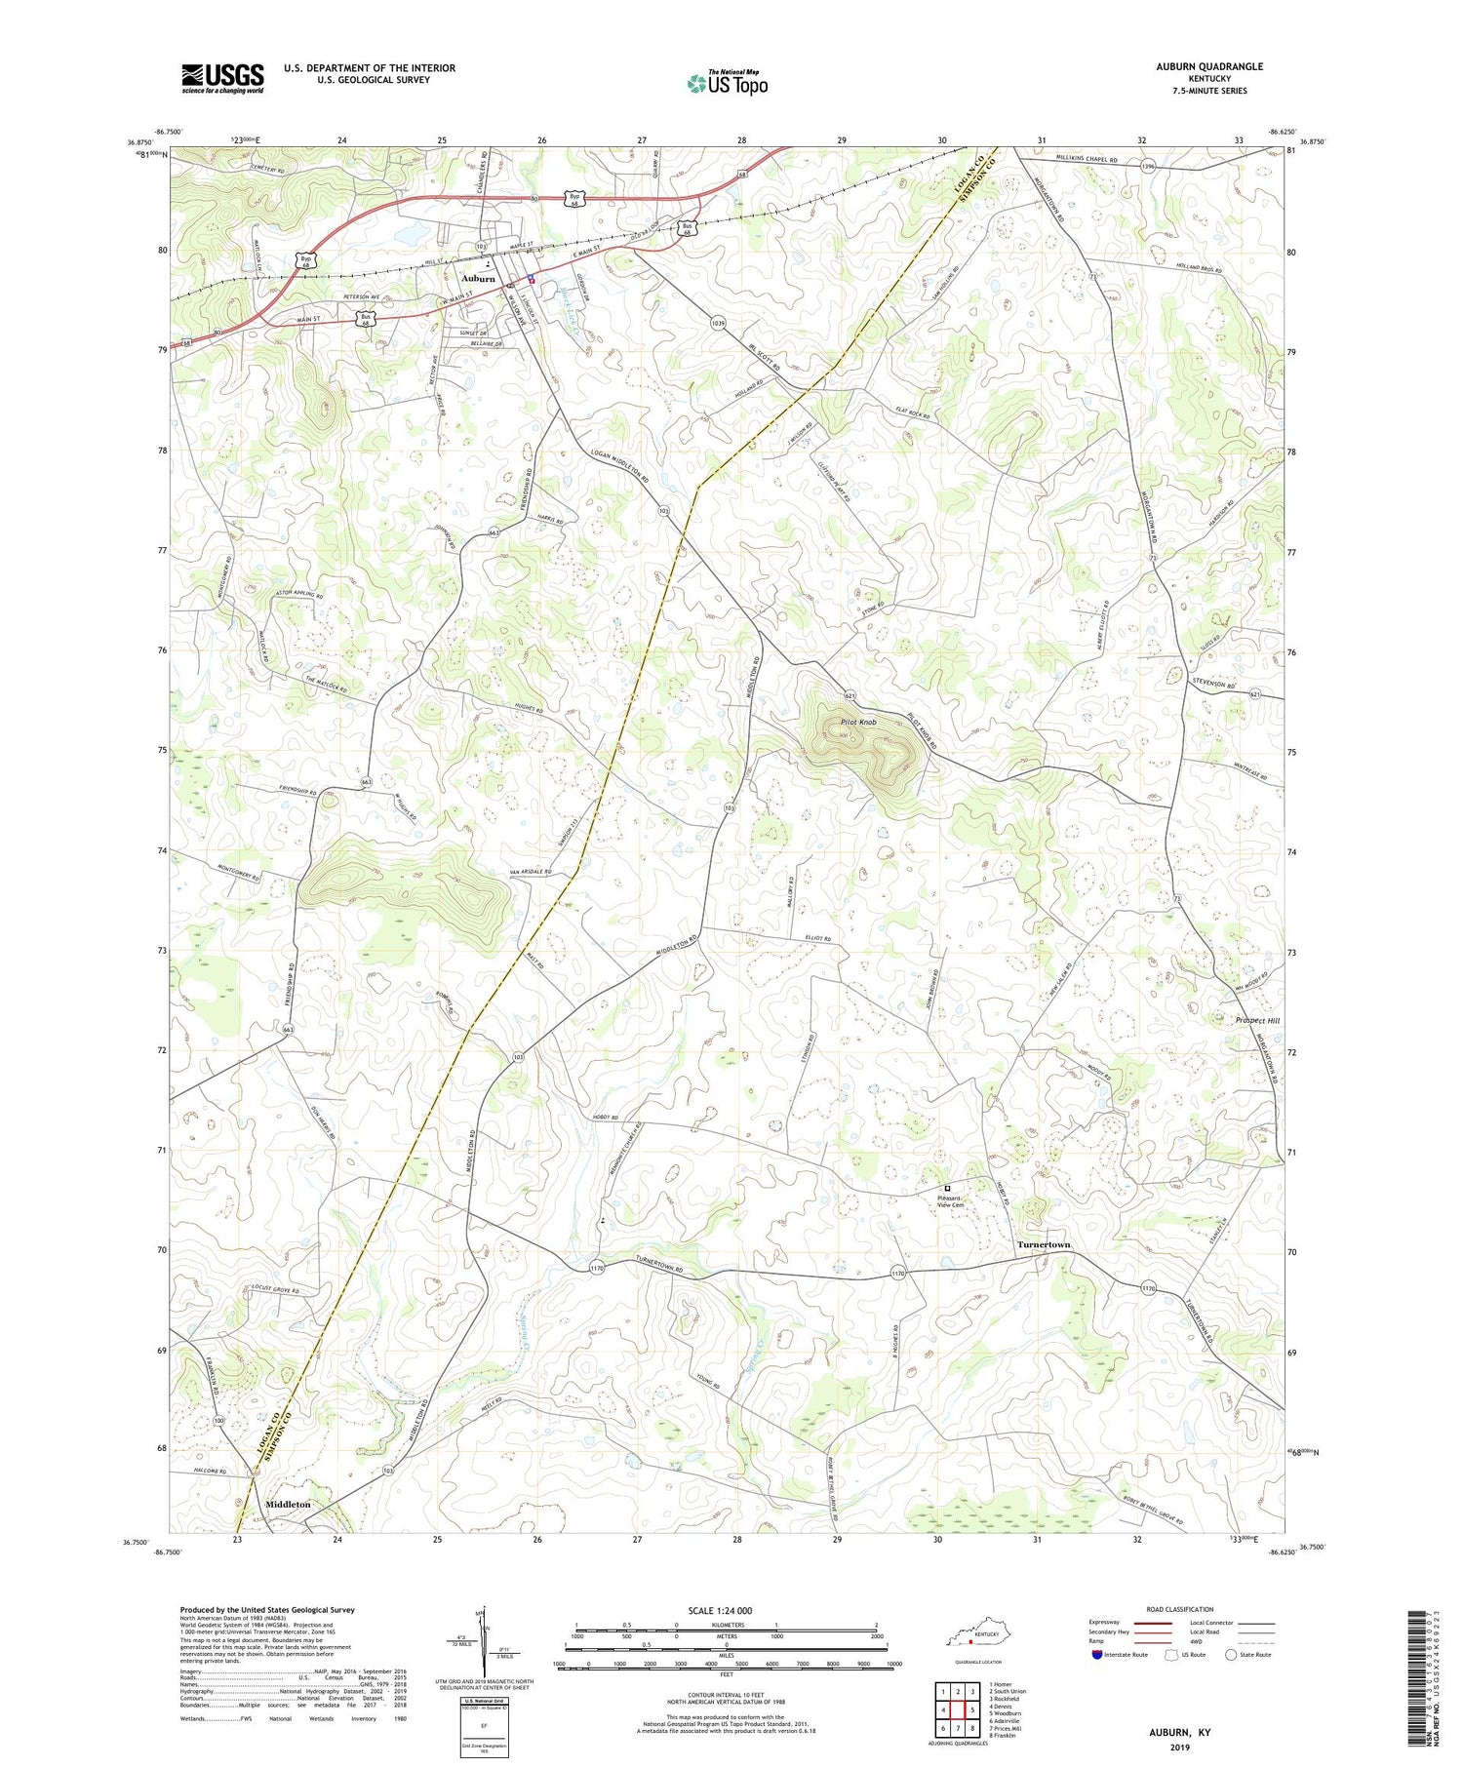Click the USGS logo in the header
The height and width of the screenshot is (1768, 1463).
[x=222, y=78]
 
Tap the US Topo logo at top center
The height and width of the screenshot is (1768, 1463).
[x=727, y=84]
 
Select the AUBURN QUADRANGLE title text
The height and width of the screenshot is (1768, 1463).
[x=1209, y=66]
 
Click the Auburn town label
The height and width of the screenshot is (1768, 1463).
[x=478, y=279]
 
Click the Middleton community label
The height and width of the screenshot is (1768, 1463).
[x=288, y=1505]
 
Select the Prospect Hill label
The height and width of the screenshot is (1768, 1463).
[x=1244, y=1020]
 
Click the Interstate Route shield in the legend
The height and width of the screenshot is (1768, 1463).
[x=1097, y=1655]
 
